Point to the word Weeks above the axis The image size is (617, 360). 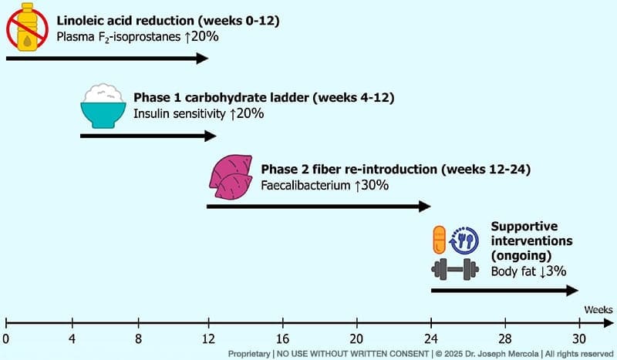coord(598,308)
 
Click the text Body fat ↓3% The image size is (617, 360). coord(523,271)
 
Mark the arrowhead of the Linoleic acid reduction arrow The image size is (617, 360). coord(203,58)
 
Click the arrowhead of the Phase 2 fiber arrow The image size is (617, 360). coord(424,206)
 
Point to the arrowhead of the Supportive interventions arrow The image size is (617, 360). coord(572,290)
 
